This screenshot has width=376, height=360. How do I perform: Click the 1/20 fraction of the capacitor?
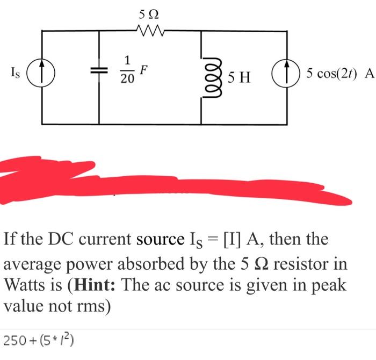127,70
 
